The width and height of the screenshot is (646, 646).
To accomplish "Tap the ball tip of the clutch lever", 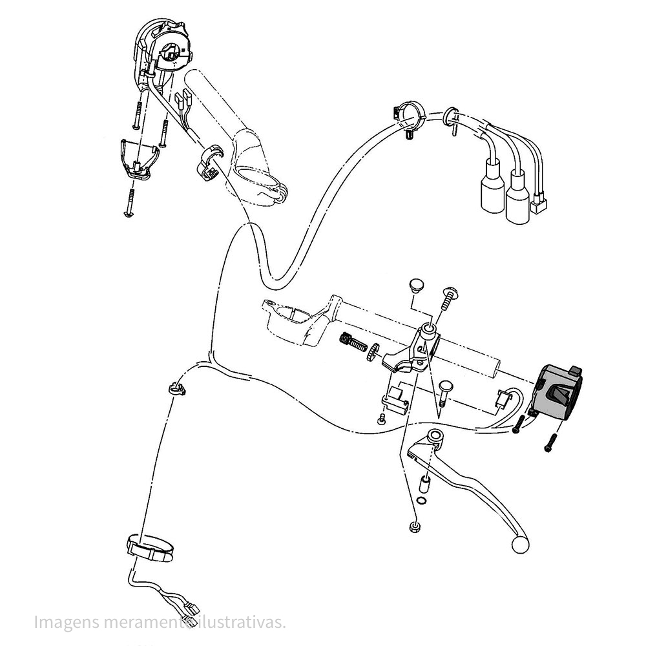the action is (520, 544).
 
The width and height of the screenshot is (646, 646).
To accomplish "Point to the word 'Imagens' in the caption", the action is (67, 622).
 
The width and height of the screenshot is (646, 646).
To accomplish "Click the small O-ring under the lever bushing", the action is (421, 501).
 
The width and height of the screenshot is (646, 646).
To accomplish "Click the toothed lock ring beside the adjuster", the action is (373, 351).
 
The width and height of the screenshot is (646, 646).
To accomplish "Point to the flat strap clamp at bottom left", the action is (150, 548).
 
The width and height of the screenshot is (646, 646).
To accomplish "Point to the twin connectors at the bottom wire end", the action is (191, 610).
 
